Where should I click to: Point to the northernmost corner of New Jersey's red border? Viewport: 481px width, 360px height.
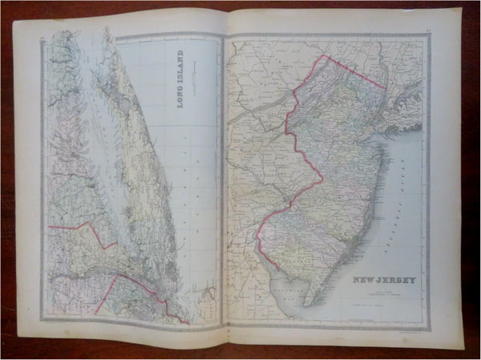322,56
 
